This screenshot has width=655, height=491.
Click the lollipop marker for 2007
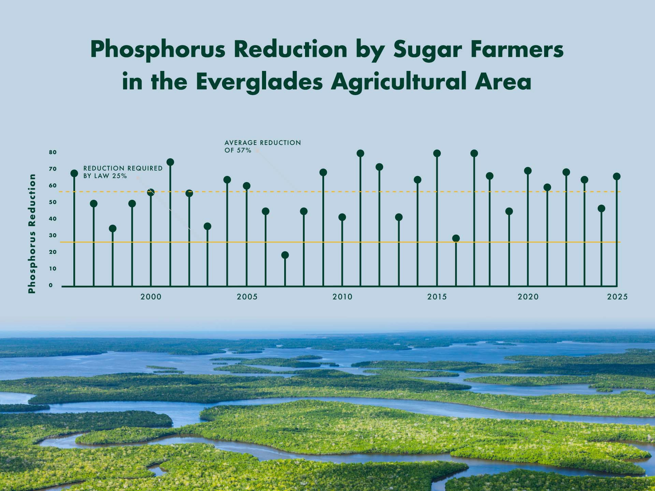coord(285,255)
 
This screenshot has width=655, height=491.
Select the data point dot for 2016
coord(456,238)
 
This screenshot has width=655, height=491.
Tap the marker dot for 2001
coord(170,162)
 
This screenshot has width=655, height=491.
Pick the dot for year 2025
coord(616,176)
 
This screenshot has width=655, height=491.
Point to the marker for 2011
coord(360,153)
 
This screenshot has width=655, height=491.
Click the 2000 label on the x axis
coord(151,297)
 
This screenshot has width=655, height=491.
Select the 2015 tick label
coord(437,297)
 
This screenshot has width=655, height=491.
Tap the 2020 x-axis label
coord(528,297)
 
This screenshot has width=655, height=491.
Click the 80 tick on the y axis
coord(53,152)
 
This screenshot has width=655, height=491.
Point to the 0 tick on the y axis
coord(51,285)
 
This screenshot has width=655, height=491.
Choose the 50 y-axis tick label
coord(53,202)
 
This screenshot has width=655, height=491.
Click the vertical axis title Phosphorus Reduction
coord(32,234)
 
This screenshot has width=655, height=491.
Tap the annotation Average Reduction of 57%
coord(263,146)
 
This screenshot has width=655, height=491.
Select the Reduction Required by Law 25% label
coord(123,172)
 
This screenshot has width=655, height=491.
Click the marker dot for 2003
coord(207,226)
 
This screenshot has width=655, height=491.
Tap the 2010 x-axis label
coord(343,297)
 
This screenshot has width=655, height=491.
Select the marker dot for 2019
coord(509,211)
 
